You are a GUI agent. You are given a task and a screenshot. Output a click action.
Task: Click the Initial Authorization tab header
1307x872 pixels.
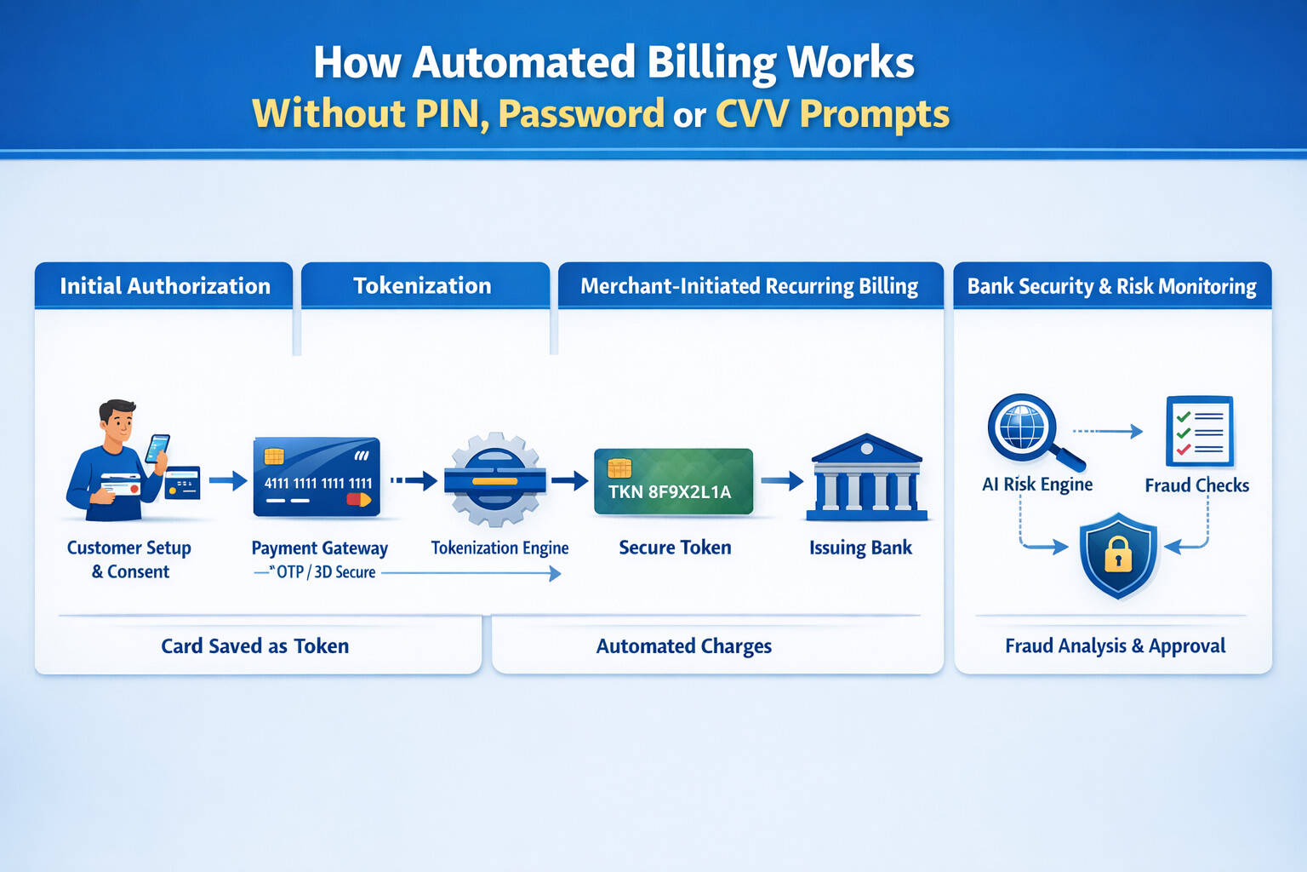(164, 286)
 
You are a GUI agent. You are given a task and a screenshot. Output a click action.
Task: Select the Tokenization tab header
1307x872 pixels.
(422, 286)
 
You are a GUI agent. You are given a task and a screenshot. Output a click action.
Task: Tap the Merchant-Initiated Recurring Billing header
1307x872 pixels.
(749, 286)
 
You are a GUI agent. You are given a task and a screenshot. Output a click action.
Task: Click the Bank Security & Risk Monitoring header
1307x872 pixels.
(1111, 286)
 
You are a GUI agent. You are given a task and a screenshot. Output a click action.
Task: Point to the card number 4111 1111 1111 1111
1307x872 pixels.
(317, 484)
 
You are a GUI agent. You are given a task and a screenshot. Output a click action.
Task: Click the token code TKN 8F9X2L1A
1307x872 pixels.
(670, 491)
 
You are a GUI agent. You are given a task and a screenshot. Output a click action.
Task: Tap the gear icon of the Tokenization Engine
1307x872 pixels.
(494, 479)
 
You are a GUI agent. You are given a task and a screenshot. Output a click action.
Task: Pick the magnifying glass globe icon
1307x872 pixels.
(1024, 427)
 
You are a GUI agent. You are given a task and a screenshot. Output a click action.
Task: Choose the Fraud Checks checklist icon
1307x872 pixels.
(1199, 431)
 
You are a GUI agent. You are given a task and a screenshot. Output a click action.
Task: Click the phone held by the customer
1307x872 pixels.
(158, 448)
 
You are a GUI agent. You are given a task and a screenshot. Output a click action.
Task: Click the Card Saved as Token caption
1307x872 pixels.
(255, 646)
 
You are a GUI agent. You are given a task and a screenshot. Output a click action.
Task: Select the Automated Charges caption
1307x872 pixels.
(683, 646)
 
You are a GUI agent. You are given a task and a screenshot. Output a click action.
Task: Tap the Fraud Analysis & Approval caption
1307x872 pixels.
(1115, 646)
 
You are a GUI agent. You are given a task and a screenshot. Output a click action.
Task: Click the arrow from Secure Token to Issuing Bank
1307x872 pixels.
(782, 481)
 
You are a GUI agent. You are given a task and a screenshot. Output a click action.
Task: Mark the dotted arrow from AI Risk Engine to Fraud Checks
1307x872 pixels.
(1107, 432)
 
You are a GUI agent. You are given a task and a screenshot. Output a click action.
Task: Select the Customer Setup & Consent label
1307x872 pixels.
(129, 559)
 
